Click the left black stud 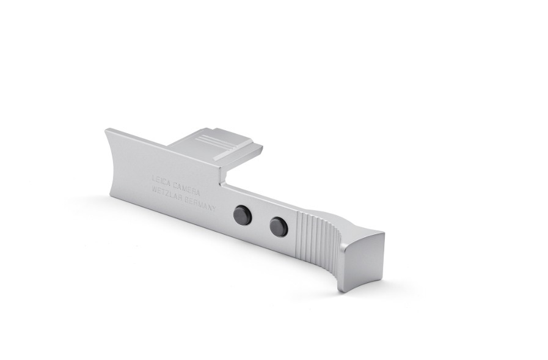click(242, 215)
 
